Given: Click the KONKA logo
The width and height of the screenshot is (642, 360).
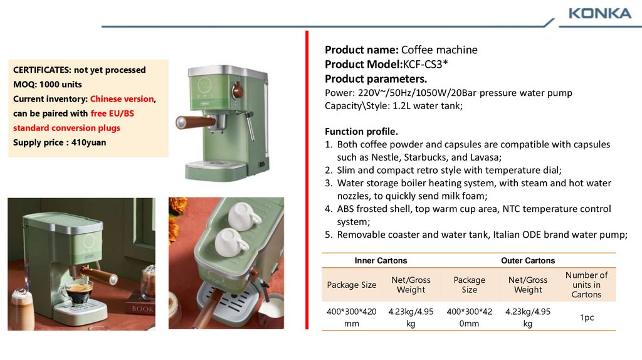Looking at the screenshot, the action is point(600,14).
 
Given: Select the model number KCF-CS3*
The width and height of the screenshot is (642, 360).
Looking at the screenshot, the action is point(426,65).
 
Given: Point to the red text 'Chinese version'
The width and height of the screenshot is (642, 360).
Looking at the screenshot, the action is point(122,99).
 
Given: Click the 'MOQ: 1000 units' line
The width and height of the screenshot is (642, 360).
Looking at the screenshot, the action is point(48,85).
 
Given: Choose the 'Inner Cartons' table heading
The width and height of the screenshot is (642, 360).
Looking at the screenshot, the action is point(381,260).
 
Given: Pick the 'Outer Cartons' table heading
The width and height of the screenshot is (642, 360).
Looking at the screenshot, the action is point(528,260).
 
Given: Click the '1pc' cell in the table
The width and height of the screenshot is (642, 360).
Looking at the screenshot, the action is point(587,317).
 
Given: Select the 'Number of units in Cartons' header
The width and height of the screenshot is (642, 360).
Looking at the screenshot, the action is point(586,285).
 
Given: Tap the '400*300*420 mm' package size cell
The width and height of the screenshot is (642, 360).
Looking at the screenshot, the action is point(351,317).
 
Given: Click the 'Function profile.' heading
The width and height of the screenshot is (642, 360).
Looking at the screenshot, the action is point(361,132).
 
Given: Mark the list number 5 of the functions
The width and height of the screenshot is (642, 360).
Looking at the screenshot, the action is point(329,235).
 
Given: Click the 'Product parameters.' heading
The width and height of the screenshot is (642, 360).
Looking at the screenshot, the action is point(376,78).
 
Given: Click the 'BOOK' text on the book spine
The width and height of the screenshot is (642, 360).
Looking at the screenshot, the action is point(142,309).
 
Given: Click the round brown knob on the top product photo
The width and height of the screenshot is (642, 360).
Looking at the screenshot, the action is point(237,90).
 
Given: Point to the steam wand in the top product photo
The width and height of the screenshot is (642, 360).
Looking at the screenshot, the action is point(251,125).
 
